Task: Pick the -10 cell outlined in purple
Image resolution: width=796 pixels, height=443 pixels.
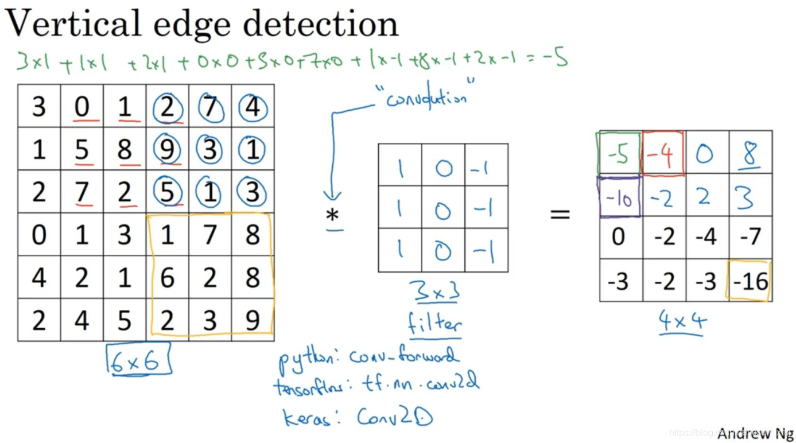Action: [x=619, y=197]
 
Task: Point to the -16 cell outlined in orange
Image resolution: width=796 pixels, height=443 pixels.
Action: [x=750, y=281]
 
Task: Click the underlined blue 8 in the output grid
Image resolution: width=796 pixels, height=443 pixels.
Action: [x=750, y=153]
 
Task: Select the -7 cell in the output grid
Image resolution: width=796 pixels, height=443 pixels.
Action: [x=750, y=236]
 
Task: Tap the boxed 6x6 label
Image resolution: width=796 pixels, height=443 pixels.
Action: [x=138, y=360]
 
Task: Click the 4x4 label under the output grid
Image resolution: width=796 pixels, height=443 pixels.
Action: [x=681, y=322]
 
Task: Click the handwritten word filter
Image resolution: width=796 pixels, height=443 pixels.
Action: [x=434, y=324]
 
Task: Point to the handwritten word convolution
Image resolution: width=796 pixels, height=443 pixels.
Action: [x=426, y=99]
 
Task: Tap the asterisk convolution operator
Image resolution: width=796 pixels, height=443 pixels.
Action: [x=332, y=216]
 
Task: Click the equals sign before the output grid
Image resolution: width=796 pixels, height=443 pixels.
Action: [x=560, y=215]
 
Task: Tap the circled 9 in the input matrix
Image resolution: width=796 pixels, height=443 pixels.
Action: [x=168, y=150]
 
